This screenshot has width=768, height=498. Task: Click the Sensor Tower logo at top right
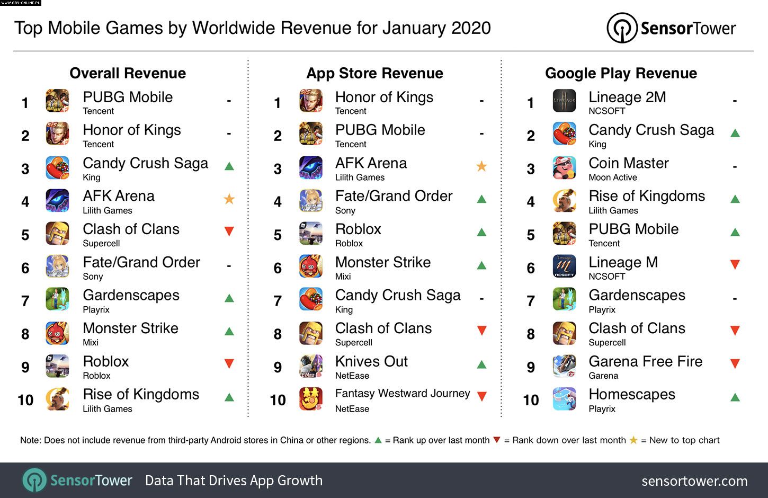click(671, 28)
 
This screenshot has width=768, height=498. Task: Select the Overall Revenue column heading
click(128, 73)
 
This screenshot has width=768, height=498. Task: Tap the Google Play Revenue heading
click(621, 73)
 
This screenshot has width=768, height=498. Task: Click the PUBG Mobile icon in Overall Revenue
click(57, 101)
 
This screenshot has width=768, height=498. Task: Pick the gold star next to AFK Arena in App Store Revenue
click(481, 166)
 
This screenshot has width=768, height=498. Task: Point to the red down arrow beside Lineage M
click(735, 264)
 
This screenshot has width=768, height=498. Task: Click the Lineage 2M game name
click(627, 97)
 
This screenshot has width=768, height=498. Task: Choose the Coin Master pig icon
click(564, 167)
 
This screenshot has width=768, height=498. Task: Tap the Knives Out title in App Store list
click(371, 361)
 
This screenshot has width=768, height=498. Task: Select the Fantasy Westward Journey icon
click(311, 399)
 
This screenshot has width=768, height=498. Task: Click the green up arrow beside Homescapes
click(735, 397)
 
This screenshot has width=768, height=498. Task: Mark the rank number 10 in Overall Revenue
click(25, 400)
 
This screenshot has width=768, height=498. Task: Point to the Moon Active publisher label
click(612, 177)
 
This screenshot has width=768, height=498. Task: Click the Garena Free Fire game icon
click(564, 366)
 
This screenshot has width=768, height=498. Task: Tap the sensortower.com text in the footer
click(694, 481)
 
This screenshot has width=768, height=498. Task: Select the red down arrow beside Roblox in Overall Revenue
click(229, 363)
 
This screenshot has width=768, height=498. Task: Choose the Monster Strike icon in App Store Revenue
click(311, 266)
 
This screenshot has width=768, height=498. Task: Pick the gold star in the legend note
click(633, 440)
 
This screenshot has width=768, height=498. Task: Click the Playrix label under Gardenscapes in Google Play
click(602, 309)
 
